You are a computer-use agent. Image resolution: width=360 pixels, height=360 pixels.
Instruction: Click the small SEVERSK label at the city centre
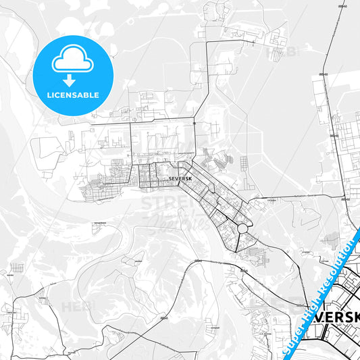174,178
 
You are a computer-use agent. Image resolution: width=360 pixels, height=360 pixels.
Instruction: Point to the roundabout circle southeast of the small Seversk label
242,230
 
